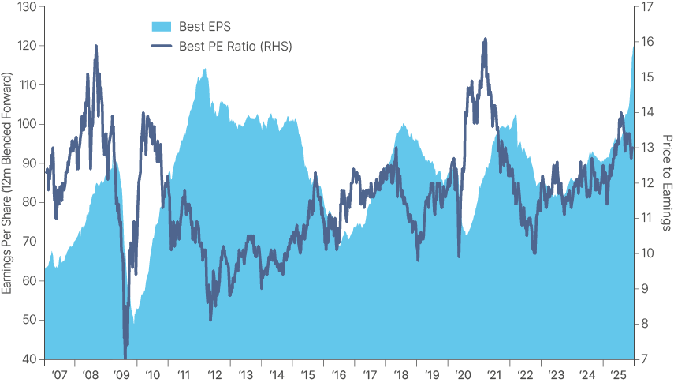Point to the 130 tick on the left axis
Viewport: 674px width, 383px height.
pyautogui.click(x=26, y=7)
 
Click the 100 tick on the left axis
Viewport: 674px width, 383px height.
pyautogui.click(x=26, y=125)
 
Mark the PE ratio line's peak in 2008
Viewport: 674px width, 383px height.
pyautogui.click(x=95, y=46)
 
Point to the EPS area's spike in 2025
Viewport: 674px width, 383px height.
pyautogui.click(x=632, y=47)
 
